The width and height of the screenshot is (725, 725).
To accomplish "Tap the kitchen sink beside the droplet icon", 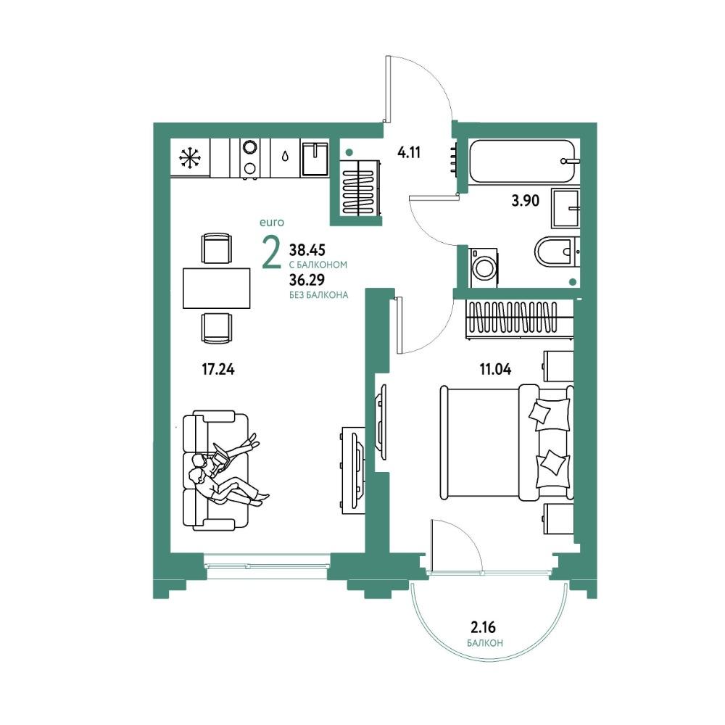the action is [x=315, y=159].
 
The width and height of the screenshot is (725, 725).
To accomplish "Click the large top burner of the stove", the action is [x=250, y=147].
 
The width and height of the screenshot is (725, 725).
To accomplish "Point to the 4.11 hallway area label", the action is [x=409, y=152].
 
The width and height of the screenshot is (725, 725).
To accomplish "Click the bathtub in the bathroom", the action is [x=524, y=162].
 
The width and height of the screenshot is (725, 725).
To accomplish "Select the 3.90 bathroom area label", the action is [x=526, y=201].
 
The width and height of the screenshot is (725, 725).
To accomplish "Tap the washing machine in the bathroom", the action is [x=484, y=268].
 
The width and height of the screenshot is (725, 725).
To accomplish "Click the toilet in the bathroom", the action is [x=557, y=252].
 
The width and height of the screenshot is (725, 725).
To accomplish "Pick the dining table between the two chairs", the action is [x=216, y=288].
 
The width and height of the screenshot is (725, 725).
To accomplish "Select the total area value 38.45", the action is [x=307, y=250].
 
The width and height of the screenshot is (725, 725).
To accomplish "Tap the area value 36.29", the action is [x=307, y=280].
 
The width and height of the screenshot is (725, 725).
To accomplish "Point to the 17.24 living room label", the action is [x=218, y=370].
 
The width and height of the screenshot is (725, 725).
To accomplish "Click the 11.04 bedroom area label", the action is [x=495, y=369].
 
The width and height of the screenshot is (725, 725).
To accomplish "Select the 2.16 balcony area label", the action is [x=483, y=627].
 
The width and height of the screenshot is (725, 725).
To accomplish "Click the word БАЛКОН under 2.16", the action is [x=485, y=643].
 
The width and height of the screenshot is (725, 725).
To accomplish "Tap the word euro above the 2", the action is [x=272, y=223].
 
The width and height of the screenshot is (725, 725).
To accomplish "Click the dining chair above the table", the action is [x=216, y=248].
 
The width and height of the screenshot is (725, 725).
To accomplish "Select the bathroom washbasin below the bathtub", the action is [x=565, y=208].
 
